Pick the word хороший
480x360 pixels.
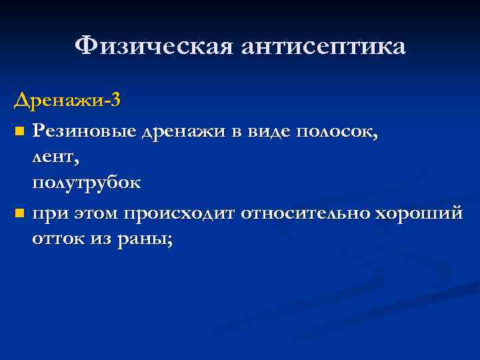coord(419,215)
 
